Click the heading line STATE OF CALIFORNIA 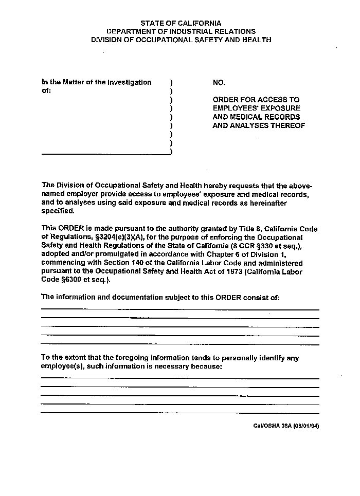(x=181, y=23)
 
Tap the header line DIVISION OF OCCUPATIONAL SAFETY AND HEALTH (x=181, y=40)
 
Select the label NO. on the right (x=219, y=82)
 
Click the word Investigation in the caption (x=129, y=82)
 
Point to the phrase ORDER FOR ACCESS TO (x=256, y=100)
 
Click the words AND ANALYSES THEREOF (x=259, y=125)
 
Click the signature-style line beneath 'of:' (x=105, y=154)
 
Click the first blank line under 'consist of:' (x=180, y=309)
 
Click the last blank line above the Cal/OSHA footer (x=180, y=413)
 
